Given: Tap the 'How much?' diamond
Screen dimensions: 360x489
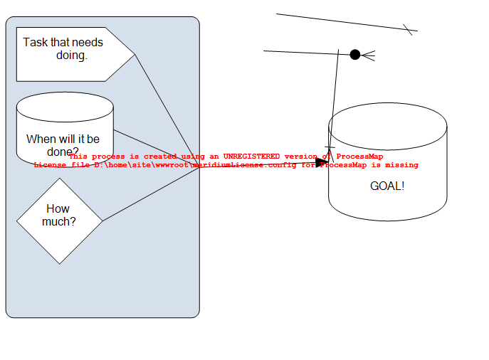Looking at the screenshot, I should [59, 221].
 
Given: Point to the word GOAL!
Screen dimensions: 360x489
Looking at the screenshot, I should [387, 186].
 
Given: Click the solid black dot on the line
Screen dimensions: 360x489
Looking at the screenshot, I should [355, 55].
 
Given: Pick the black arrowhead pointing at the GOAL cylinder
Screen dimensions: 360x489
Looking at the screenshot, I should [322, 162].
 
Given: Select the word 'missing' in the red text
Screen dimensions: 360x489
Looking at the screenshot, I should [402, 164].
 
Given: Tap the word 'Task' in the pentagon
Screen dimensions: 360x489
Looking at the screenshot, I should [35, 43].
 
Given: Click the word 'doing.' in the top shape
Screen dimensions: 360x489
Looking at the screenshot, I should [72, 55].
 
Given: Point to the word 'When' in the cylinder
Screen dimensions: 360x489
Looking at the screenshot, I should [40, 139].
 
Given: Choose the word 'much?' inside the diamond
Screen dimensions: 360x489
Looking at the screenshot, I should [59, 222].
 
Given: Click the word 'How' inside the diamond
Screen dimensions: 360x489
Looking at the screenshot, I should [58, 209].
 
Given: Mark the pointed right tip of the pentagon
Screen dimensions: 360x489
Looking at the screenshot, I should [134, 54].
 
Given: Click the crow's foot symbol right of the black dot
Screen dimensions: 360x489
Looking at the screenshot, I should [369, 55].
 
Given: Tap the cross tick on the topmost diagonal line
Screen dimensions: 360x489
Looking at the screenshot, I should [408, 29].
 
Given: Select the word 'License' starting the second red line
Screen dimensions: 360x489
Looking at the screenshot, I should [51, 164].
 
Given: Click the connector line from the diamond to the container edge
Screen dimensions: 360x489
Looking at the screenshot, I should [149, 194].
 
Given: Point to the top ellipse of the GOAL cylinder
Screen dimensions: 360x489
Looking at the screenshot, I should [387, 127].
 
